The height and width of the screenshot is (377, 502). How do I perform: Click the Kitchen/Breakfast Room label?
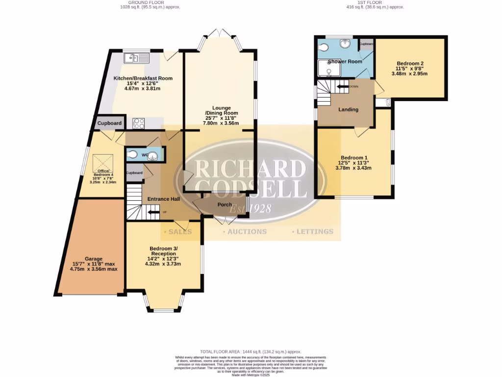(x=143, y=78)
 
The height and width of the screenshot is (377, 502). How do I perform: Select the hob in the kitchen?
(x=138, y=123)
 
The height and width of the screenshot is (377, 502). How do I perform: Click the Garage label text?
(x=94, y=259)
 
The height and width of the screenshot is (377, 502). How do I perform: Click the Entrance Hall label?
(x=163, y=199)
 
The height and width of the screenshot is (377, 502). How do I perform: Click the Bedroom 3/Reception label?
(x=163, y=250)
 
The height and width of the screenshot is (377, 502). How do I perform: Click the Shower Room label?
(x=345, y=61)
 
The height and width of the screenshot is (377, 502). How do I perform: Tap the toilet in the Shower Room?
(x=323, y=47)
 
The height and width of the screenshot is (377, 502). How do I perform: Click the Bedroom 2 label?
(x=410, y=63)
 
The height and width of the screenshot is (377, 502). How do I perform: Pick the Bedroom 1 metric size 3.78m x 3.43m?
(x=353, y=168)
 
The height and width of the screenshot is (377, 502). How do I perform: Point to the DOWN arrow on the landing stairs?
(x=342, y=86)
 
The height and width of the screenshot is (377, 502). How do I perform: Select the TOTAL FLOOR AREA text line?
(x=251, y=352)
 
